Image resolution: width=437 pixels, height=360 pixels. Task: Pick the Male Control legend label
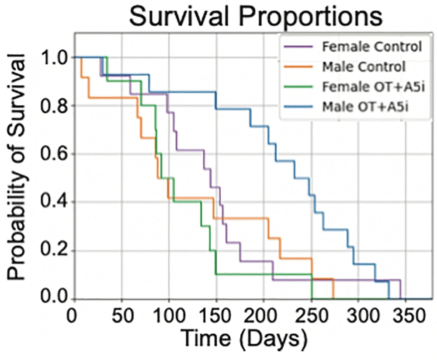tap(364, 66)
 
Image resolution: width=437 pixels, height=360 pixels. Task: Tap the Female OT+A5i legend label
tap(373, 87)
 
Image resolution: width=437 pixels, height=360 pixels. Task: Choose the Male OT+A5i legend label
tap(365, 107)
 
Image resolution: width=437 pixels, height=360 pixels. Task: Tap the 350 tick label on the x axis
tap(405, 316)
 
